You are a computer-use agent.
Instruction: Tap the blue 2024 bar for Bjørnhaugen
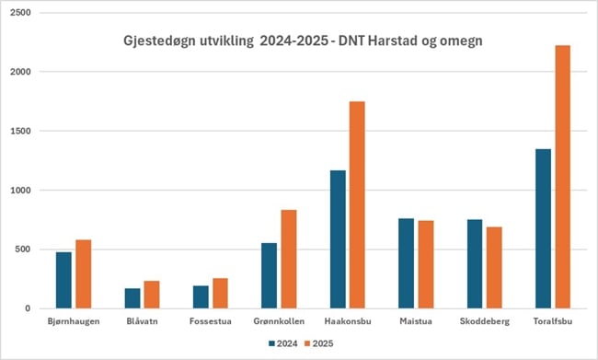pyautogui.click(x=63, y=280)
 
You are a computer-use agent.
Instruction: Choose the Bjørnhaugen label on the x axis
pyautogui.click(x=74, y=320)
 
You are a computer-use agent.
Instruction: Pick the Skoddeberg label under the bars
pyautogui.click(x=484, y=320)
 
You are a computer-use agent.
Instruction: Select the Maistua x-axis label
pyautogui.click(x=416, y=320)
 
